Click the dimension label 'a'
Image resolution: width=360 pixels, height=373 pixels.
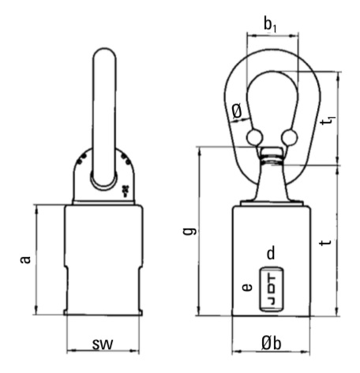25,259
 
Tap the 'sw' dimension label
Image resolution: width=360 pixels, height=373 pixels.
103,344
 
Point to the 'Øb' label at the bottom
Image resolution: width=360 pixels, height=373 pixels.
272,343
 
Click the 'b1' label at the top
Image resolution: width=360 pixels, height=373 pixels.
270,25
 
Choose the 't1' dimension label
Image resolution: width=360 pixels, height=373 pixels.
328,121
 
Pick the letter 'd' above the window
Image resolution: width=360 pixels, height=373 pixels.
271,253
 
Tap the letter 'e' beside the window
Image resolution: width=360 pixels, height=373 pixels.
247,287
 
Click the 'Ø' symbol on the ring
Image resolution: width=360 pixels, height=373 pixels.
237,111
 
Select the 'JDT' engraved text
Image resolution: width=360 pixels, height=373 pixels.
272,289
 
